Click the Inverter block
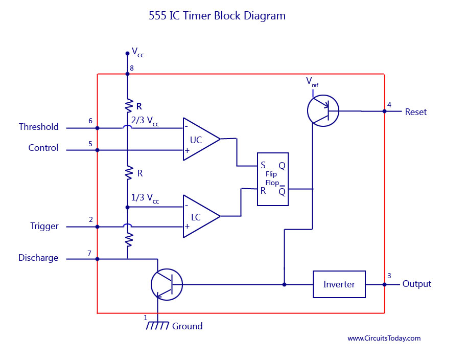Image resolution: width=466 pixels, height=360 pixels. tap(339, 284)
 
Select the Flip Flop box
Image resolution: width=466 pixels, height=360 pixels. tap(272, 179)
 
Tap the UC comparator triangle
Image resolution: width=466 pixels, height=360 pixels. tap(199, 139)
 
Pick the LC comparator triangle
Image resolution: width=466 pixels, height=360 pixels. tap(199, 216)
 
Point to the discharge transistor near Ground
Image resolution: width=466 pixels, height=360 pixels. tap(167, 284)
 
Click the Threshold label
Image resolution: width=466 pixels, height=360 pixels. tap(39, 127)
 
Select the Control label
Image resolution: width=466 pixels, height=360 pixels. tap(43, 148)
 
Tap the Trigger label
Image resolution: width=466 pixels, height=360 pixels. tap(44, 226)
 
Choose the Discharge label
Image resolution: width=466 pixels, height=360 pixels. tap(38, 258)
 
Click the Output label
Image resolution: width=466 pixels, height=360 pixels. tap(416, 284)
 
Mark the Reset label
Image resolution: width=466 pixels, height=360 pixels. tap(415, 111)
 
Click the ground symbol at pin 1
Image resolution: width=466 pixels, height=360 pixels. tap(157, 326)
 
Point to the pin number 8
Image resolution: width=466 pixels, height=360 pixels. tap(132, 69)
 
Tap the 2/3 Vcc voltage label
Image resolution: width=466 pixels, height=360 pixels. tap(145, 122)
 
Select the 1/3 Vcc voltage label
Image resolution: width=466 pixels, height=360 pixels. tap(145, 199)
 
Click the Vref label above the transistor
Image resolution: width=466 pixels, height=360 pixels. tap(312, 81)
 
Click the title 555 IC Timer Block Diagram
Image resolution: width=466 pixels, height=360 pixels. tap(217, 16)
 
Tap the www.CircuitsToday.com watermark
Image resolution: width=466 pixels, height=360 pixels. tap(384, 338)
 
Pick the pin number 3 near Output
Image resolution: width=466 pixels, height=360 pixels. tap(389, 276)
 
